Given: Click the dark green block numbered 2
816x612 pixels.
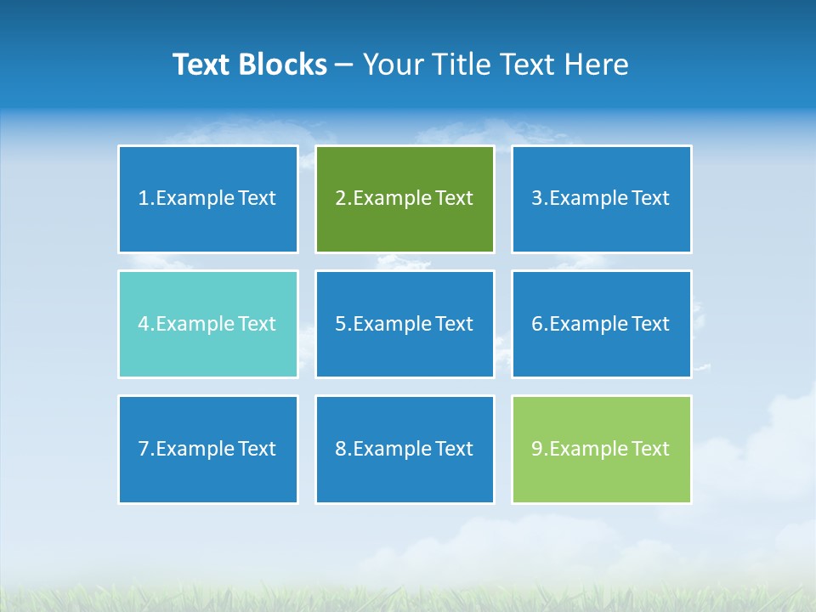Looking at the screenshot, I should coord(405,199).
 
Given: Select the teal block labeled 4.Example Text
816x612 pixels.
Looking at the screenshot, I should coord(208,324).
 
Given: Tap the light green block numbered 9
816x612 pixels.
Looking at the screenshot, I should coord(601,449).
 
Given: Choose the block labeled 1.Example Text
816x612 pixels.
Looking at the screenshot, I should coord(208,199).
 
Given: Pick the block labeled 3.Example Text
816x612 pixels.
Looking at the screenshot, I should coord(601,199).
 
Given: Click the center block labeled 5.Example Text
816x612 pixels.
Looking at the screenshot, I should coord(405,324).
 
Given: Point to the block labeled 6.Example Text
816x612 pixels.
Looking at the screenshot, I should coord(601,324).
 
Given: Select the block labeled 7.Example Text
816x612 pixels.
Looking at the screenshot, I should coord(208,449).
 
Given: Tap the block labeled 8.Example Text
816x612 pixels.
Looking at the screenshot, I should coord(405,449).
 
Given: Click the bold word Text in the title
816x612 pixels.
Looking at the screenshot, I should coord(203,65).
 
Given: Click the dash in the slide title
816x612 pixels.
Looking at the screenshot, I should coord(344,65).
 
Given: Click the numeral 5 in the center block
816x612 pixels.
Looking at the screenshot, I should coord(340,324).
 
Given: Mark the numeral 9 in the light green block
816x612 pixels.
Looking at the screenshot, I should coord(537,449).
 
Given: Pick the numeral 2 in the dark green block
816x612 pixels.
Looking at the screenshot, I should coord(340,199).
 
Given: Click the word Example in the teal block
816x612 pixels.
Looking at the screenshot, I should coord(194,324).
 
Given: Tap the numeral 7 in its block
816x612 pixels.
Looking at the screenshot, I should coord(144,449).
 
